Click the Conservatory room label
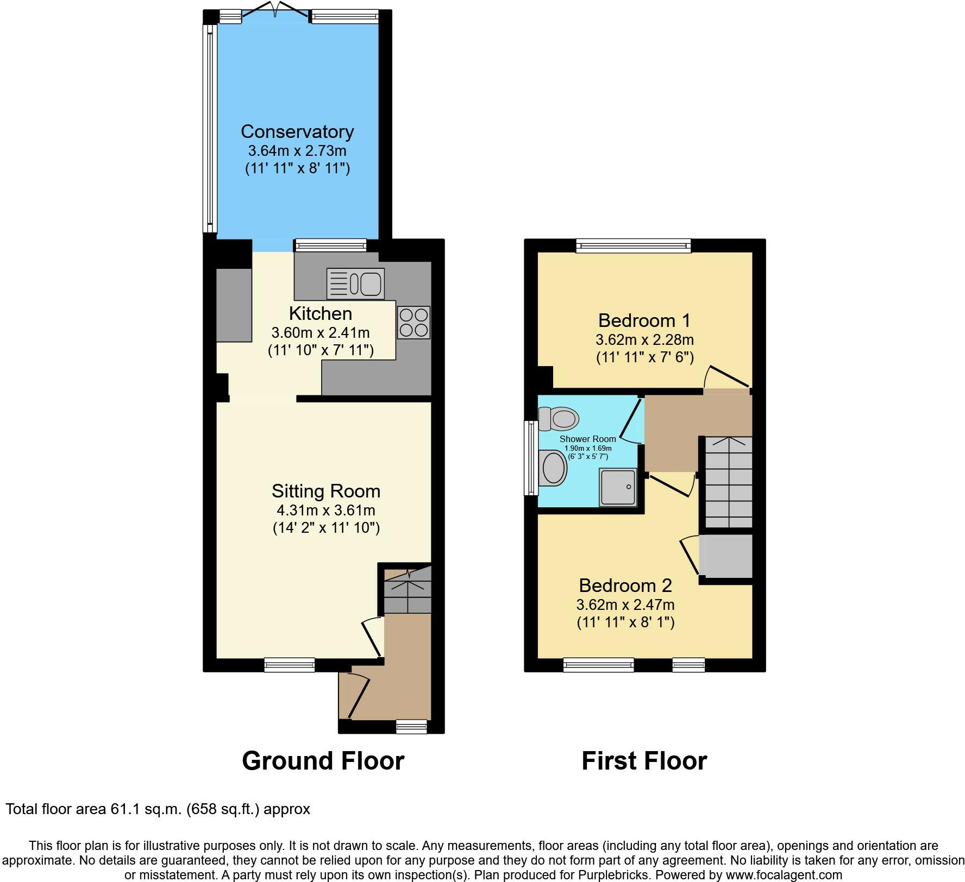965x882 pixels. click(x=297, y=131)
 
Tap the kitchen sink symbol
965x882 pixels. click(x=355, y=283)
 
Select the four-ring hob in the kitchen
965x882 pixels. click(x=413, y=323)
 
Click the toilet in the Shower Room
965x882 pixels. click(x=559, y=419)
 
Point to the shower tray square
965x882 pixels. click(x=618, y=487)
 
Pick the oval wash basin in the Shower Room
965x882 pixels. click(x=554, y=468)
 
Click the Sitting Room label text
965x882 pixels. click(x=326, y=491)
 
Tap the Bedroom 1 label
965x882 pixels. click(x=644, y=320)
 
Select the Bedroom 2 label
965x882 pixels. click(x=625, y=585)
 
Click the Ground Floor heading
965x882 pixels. click(x=323, y=760)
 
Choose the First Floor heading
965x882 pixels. click(x=644, y=760)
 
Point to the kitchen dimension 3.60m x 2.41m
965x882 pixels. click(x=321, y=332)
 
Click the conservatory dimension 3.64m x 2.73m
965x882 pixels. click(x=297, y=150)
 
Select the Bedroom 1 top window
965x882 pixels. click(x=634, y=246)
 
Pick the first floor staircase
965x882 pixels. click(x=729, y=482)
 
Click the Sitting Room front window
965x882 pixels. click(x=290, y=665)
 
